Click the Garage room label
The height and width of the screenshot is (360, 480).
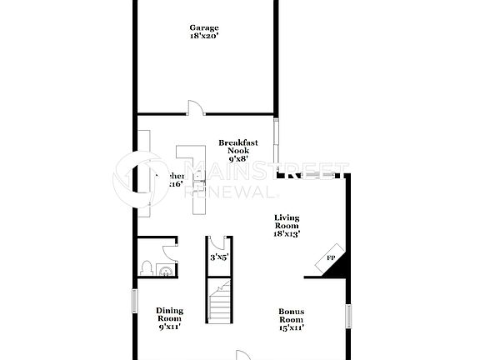click(204, 27)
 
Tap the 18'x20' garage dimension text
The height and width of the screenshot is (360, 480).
click(204, 37)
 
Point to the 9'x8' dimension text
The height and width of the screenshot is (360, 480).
click(238, 158)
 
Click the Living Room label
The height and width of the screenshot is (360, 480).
click(287, 222)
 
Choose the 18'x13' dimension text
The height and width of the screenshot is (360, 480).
click(287, 234)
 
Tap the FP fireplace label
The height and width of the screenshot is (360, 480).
click(330, 258)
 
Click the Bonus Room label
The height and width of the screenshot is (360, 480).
click(292, 316)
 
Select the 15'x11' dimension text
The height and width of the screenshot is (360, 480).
click(292, 327)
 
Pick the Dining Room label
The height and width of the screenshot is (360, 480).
click(169, 315)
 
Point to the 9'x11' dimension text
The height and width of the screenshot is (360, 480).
click(169, 327)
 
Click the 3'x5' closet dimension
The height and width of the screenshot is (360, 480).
click(219, 257)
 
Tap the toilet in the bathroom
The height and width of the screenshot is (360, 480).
click(147, 268)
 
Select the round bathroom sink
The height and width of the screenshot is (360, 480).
click(165, 269)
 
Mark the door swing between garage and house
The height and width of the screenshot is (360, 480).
click(194, 107)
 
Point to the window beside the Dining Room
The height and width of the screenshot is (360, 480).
click(134, 301)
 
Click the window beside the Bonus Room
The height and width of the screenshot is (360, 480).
click(349, 317)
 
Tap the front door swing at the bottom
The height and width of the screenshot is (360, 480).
click(242, 353)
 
